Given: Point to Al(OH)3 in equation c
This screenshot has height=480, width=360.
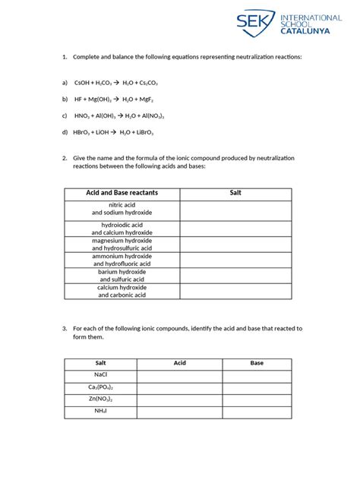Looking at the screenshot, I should click(x=105, y=115).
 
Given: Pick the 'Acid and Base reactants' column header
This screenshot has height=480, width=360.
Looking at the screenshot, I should click(x=122, y=194).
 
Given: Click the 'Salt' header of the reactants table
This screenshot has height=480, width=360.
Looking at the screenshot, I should click(x=235, y=194).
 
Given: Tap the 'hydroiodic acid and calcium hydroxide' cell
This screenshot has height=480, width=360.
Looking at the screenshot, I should click(x=122, y=229).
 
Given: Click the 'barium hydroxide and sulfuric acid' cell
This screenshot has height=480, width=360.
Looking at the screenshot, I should click(x=122, y=275).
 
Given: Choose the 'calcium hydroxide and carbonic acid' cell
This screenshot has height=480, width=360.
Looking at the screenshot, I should click(x=122, y=291).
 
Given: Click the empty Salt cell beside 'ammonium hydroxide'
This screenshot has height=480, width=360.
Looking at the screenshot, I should click(x=235, y=261).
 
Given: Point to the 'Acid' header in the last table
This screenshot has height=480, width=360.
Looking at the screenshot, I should click(x=179, y=363).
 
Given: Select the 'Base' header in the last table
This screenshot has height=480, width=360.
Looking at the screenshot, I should click(x=257, y=363).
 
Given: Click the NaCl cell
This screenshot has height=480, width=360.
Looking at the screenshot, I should click(x=100, y=375).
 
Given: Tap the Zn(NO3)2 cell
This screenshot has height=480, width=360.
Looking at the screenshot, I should click(x=100, y=399).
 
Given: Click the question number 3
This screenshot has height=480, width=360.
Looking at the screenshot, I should click(x=65, y=329).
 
